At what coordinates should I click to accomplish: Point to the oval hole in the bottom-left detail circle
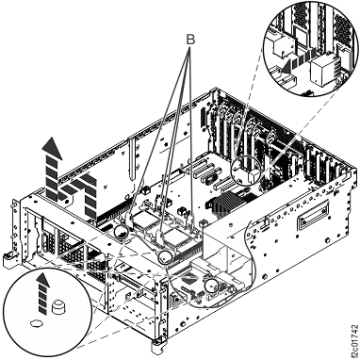tap(38, 321)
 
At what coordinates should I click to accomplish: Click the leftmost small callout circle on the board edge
tap(123, 231)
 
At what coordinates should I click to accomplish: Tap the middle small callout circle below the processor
tap(164, 256)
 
